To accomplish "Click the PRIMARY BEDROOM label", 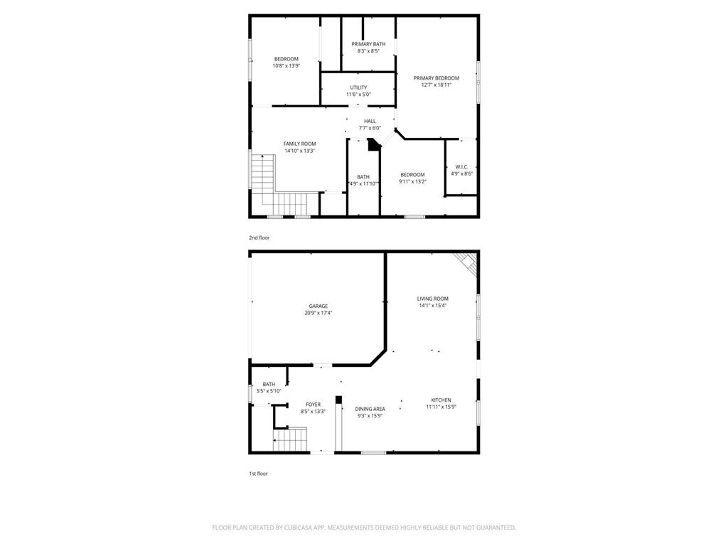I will pos(436,78).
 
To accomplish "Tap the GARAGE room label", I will pos(318,306).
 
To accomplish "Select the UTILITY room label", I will pos(358,87).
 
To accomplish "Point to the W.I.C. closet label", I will pos(461,167).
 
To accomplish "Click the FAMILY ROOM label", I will pos(299,144).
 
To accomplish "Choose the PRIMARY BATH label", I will pos(368,44).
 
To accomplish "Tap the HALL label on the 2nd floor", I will pos(370,121).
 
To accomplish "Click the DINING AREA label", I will pos(370,409).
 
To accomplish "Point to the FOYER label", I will pos(313,405).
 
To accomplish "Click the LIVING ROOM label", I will pos(432,299).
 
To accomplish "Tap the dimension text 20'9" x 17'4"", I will pos(318,313).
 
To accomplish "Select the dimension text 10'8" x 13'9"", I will pos(287,66).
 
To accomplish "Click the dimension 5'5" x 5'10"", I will pos(269,391).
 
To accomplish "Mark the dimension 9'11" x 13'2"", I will pos(412,182).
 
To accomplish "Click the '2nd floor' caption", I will pos(259,237).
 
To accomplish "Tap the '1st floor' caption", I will pos(258,473).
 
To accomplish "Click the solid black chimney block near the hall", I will pos(373,145).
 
